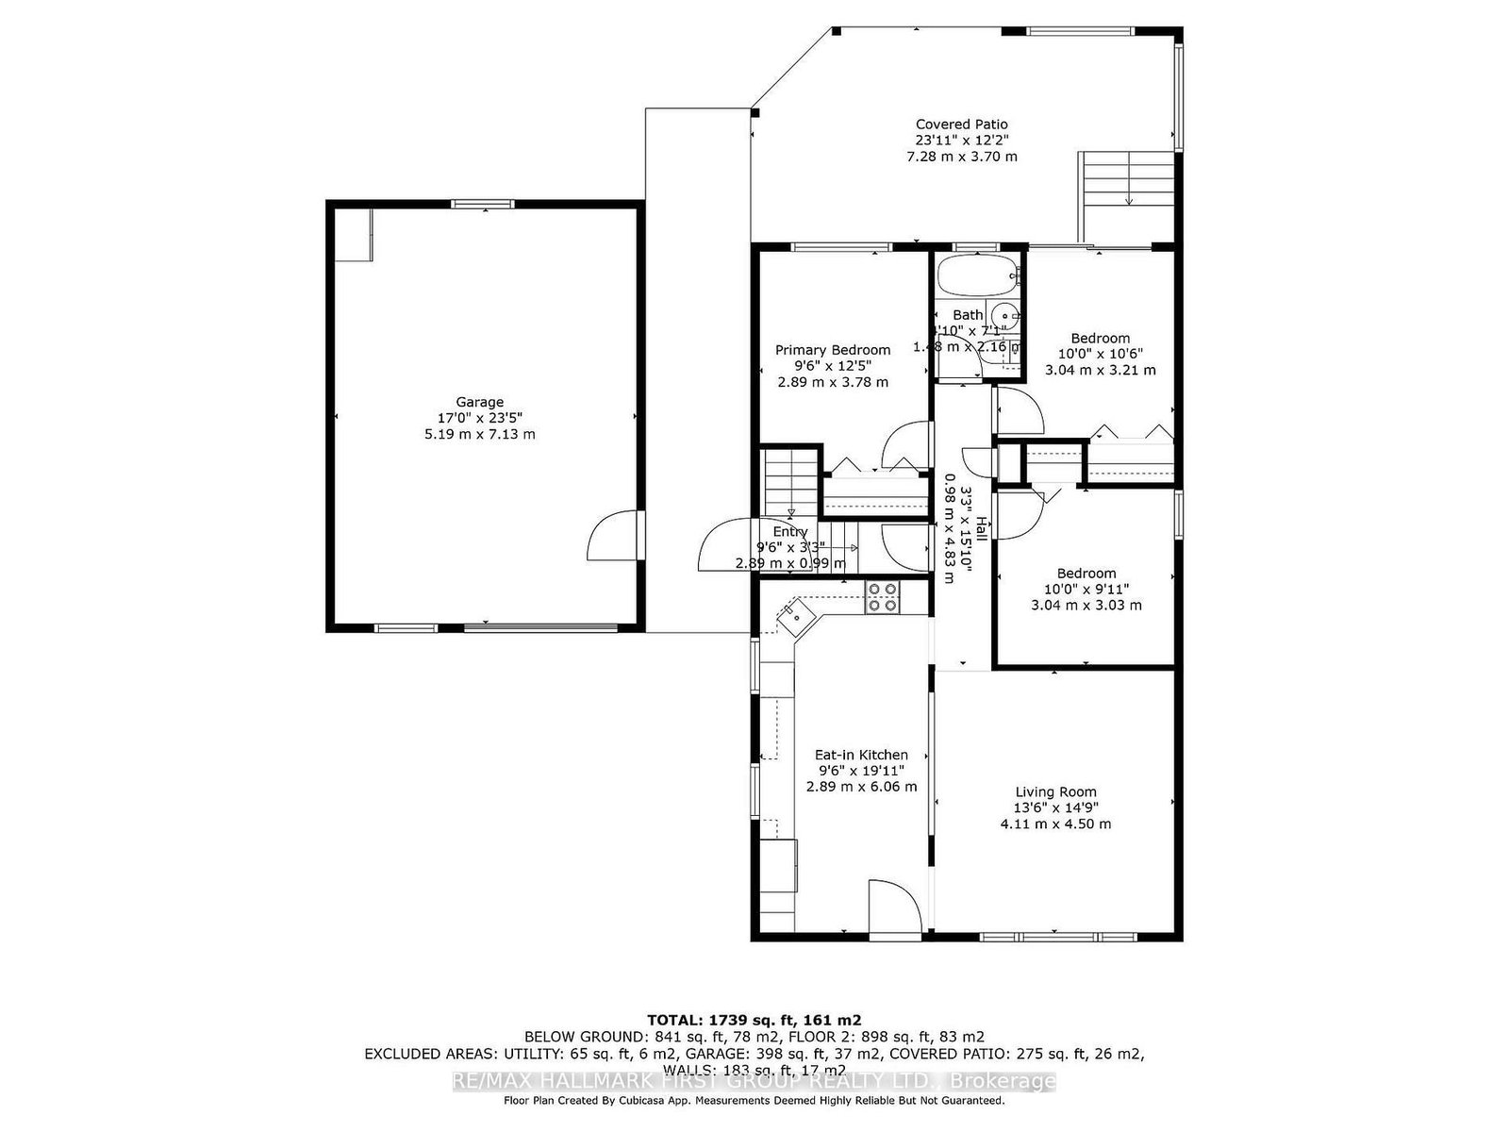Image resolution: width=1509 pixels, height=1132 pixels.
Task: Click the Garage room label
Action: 480,402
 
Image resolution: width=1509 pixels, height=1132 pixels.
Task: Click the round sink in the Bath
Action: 1008,316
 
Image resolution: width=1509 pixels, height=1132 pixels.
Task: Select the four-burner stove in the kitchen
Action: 883,598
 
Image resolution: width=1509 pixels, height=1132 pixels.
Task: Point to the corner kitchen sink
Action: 795,617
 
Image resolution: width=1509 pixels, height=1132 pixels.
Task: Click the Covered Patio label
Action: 961,125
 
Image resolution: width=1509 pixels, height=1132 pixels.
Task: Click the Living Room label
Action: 1055,792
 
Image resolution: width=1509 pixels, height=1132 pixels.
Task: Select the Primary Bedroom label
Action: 833,350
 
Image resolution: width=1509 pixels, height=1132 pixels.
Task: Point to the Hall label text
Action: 981,528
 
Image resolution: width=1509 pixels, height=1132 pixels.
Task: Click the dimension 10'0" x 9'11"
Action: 1086,589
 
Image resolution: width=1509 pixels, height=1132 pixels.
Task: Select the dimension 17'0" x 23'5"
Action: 480,418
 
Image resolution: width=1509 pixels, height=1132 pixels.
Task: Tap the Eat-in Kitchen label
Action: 861,755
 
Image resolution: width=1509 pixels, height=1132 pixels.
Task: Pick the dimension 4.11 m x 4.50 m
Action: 1055,824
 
